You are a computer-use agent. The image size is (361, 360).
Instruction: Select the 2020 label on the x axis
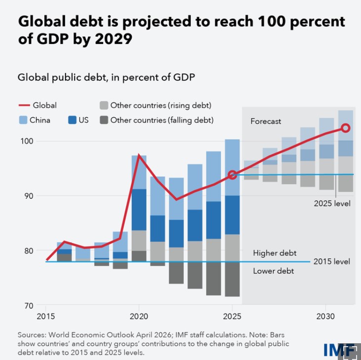pos(139,316)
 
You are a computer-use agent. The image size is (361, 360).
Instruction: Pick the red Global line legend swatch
pos(24,105)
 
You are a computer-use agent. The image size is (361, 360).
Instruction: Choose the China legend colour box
pos(23,120)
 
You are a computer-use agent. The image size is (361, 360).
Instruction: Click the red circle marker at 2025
pos(232,175)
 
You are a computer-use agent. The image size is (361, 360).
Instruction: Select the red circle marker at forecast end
pos(345,128)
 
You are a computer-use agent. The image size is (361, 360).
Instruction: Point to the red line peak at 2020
pos(139,155)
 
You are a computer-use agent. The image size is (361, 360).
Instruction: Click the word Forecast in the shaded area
pos(265,121)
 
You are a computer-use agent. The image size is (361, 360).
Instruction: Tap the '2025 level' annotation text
pos(332,203)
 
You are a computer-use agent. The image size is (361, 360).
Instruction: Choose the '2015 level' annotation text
pos(332,261)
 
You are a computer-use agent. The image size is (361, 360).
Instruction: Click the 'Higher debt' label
pos(275,253)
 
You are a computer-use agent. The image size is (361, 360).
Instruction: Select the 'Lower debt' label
pos(273,271)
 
